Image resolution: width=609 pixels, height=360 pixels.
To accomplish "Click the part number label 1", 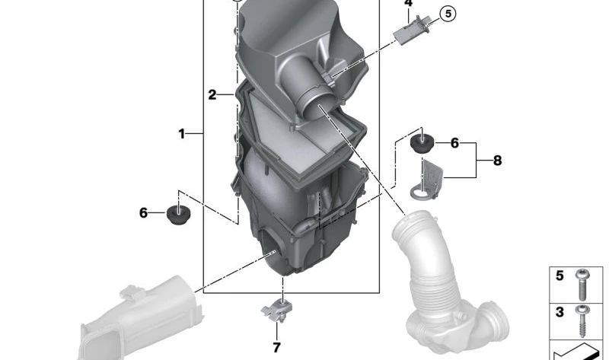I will [182, 134].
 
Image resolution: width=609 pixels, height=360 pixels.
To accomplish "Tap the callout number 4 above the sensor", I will [408, 4].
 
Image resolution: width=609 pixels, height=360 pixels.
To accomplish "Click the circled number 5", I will [446, 13].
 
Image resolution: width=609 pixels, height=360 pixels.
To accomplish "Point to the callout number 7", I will [276, 347].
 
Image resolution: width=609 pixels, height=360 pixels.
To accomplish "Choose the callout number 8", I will [497, 161].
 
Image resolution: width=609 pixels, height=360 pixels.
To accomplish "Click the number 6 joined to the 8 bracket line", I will [454, 143].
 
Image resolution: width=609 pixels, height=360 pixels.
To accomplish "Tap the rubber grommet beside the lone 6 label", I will [180, 214].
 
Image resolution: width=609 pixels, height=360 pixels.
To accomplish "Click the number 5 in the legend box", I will [560, 276].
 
